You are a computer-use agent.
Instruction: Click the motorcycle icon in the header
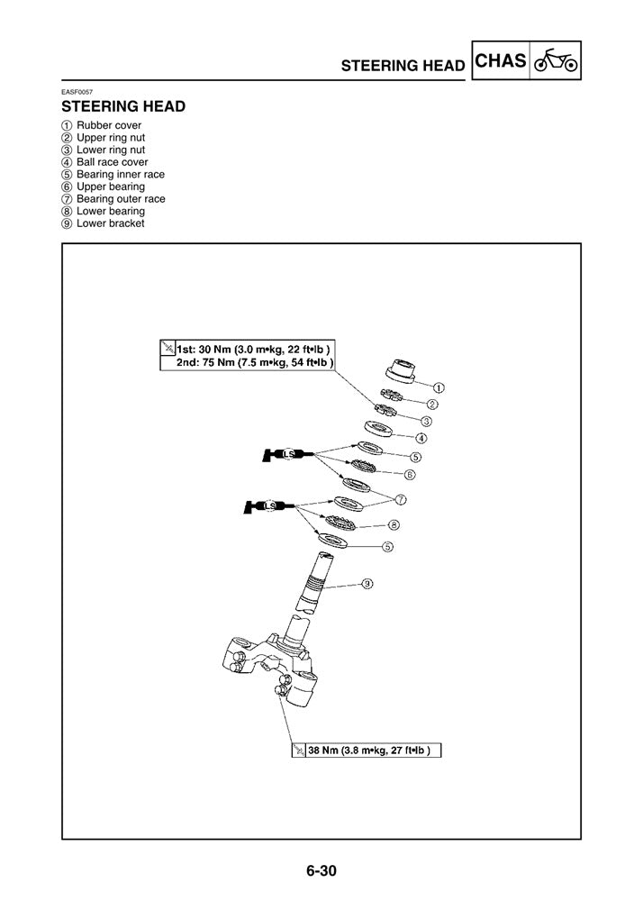point(556,63)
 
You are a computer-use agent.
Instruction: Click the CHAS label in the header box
point(500,62)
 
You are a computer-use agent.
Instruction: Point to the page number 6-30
point(321,871)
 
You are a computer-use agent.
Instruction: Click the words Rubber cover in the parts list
point(108,125)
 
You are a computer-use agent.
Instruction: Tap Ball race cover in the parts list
point(112,162)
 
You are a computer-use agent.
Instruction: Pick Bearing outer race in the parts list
point(121,199)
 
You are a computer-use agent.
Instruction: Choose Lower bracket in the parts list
point(110,223)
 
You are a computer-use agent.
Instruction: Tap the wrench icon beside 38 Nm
point(299,750)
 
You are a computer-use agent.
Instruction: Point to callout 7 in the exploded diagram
point(401,498)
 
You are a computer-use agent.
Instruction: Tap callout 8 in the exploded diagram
point(394,524)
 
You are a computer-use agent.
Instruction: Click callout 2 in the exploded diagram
point(433,405)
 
